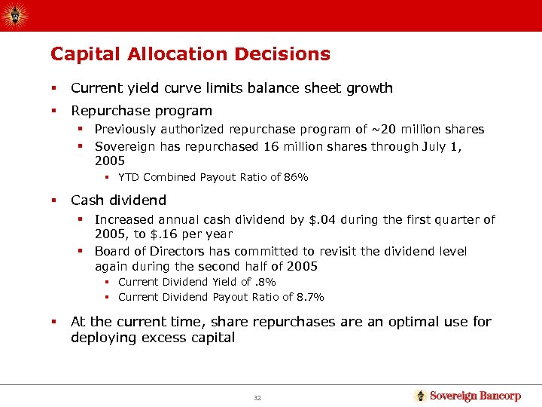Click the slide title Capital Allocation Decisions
190,54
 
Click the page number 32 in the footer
257,397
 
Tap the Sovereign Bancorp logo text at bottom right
475,396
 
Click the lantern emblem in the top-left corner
16,14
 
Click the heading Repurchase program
142,110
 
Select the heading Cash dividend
118,200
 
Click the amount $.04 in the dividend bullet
324,220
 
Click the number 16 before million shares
268,147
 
